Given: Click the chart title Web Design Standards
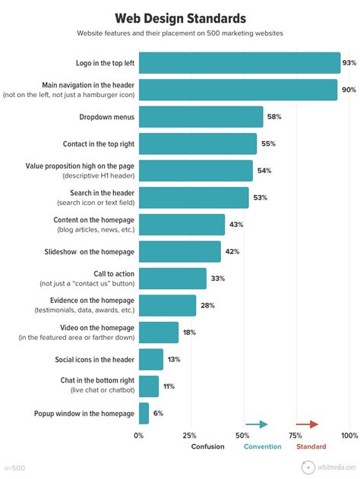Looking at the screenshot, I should tap(180, 17).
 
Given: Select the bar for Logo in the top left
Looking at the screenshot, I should tap(239, 63).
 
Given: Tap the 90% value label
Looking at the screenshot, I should tap(349, 90).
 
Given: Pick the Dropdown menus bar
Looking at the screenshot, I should tap(201, 117).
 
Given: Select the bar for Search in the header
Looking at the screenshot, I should tap(194, 197).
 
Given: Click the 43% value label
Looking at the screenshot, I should tap(236, 225).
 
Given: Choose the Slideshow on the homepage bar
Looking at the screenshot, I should tap(180, 251).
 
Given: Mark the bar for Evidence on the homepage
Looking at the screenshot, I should tap(167, 305).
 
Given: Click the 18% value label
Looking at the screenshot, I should tap(188, 332).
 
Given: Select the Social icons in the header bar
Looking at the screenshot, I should tap(151, 359).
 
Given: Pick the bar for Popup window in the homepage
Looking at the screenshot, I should tap(144, 413).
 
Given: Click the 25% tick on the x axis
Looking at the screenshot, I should tap(190, 436).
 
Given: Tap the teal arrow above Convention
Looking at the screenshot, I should tap(257, 424).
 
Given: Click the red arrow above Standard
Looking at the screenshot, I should tap(307, 424).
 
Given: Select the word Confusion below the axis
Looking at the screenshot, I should tap(207, 446).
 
